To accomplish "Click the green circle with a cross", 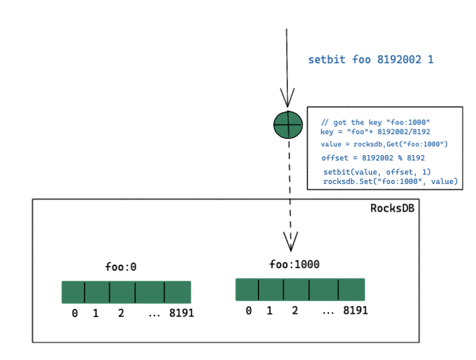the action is [x=288, y=124].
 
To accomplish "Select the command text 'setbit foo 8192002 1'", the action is [x=371, y=59].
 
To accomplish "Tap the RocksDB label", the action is [x=392, y=208].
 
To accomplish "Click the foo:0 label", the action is [x=121, y=267].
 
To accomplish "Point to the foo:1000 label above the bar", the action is [x=295, y=264].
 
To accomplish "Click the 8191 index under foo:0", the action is [x=181, y=313].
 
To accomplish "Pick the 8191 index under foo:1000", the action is [x=355, y=310].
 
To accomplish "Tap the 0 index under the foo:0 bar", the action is [x=75, y=313].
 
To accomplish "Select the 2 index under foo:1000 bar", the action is [x=295, y=310].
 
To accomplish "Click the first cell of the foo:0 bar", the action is [x=73, y=292].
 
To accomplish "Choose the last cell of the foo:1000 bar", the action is [x=352, y=289].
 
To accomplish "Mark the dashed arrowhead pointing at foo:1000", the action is [x=291, y=242].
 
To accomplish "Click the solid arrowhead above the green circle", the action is [x=287, y=97].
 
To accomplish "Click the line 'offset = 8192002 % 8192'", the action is [x=373, y=158].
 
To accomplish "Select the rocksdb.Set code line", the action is [x=390, y=181].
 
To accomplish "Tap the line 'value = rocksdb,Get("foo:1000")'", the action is [x=384, y=144].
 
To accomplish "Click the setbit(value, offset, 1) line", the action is [x=377, y=172].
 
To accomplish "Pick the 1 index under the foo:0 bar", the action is [x=95, y=313].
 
